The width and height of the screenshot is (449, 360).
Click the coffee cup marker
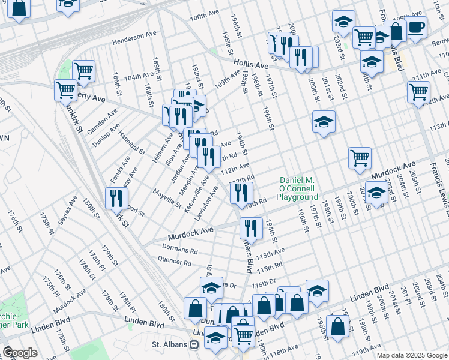(x=416, y=27)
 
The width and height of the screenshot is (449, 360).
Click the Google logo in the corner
(x=20, y=353)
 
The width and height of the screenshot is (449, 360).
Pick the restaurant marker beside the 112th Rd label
(x=239, y=192)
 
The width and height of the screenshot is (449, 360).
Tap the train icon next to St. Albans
(x=194, y=345)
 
